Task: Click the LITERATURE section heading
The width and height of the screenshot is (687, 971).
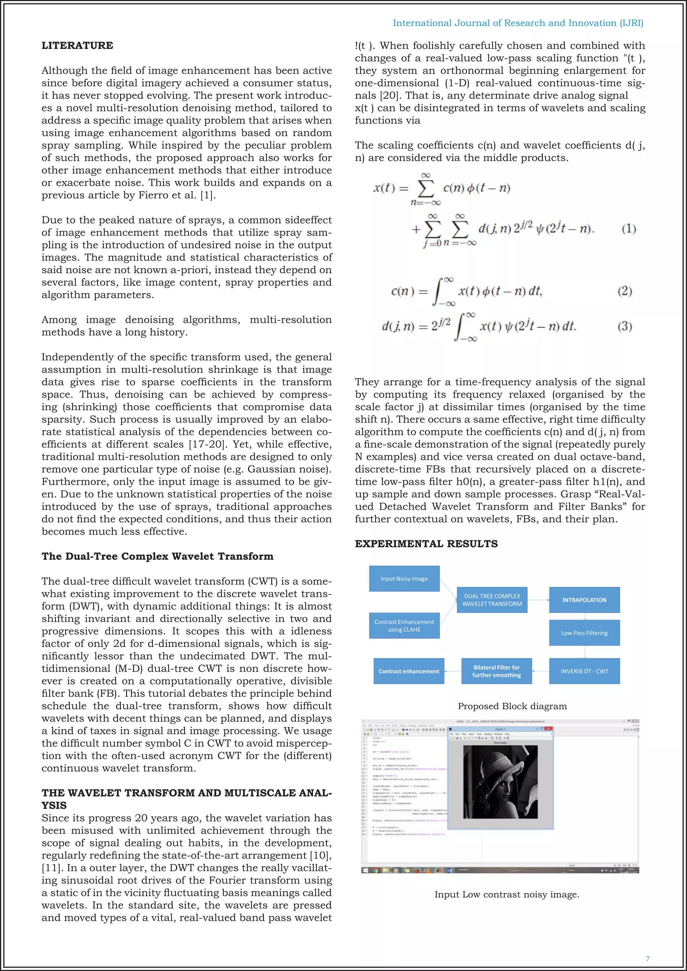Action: [x=77, y=46]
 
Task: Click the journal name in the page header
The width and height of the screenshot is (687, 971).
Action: [x=518, y=23]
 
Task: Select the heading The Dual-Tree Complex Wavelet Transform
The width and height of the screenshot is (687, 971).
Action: [x=157, y=557]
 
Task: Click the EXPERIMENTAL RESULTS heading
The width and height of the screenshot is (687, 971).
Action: [x=426, y=544]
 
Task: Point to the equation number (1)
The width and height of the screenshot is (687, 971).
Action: [x=629, y=229]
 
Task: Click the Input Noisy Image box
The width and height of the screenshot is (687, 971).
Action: [x=404, y=578]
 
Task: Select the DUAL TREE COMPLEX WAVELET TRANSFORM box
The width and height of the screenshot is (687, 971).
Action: [x=492, y=600]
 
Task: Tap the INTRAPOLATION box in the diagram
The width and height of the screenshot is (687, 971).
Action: [x=584, y=600]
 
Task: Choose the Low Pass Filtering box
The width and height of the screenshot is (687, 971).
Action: [x=584, y=633]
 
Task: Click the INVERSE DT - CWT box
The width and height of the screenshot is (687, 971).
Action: [x=584, y=671]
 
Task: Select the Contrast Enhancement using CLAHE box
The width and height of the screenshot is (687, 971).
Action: [x=404, y=625]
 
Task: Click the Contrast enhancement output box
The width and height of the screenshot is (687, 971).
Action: [x=409, y=671]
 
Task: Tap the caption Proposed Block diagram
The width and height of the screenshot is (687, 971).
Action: [x=512, y=706]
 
